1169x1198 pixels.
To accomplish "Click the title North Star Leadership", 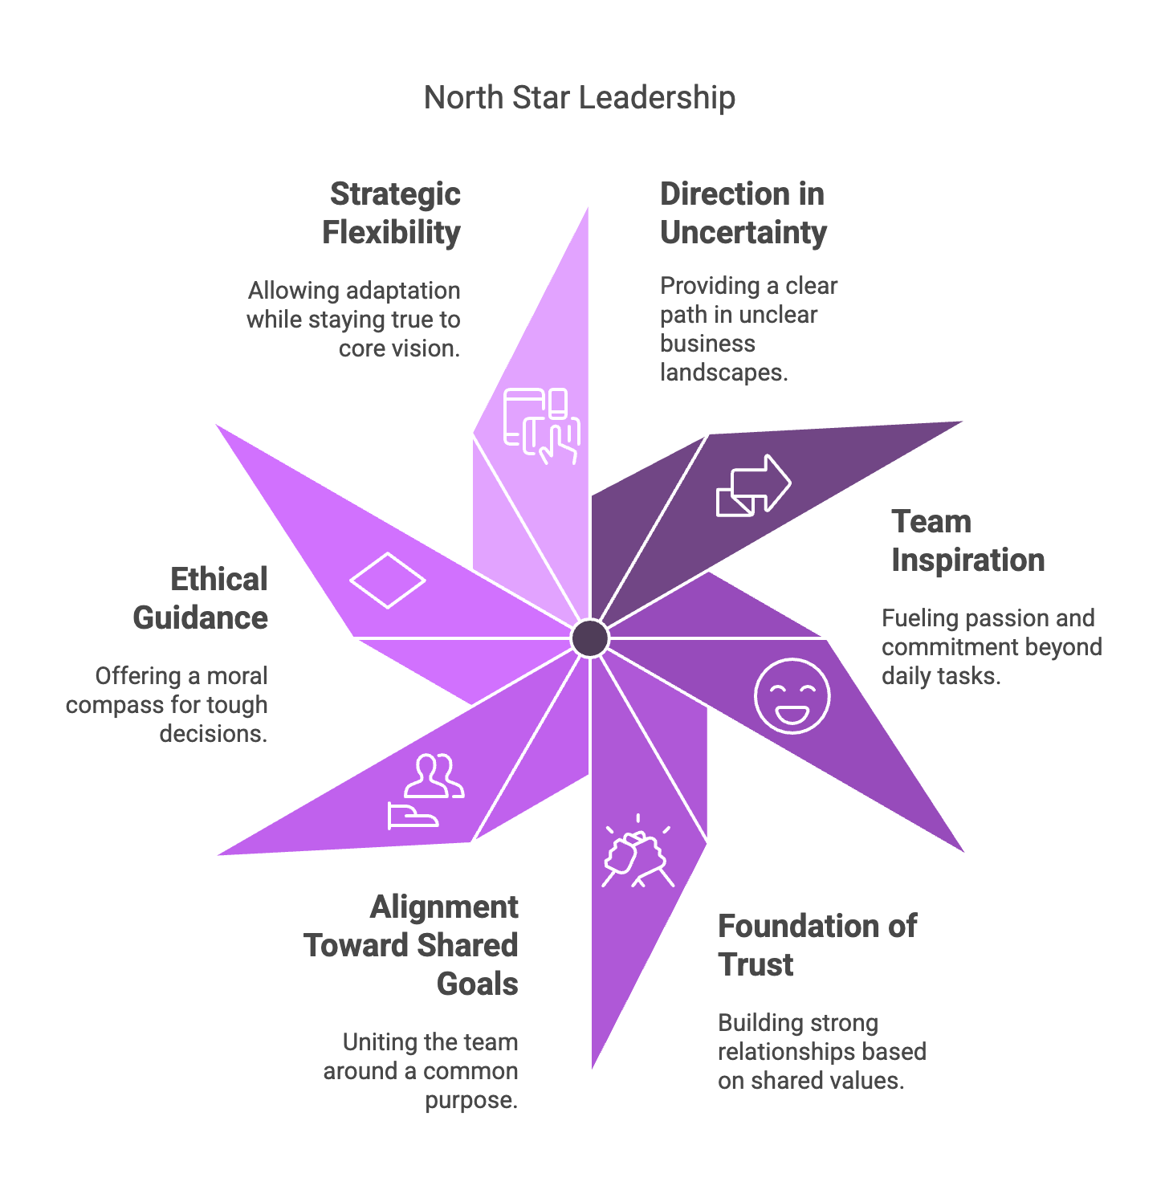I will (579, 98).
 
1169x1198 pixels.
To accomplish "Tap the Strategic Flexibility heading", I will (393, 214).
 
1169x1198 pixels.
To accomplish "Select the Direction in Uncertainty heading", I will (743, 214).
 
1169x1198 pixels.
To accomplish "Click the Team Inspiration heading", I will (967, 541).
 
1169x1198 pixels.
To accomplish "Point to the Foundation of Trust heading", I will (817, 945).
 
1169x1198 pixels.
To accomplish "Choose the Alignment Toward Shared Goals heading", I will (412, 945).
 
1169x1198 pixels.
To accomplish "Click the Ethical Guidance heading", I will (201, 599).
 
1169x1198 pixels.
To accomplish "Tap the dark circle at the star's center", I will (590, 638).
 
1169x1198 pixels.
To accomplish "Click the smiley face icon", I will (792, 695).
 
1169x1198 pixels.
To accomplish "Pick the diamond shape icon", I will (387, 580).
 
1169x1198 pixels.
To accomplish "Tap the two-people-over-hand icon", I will (426, 792).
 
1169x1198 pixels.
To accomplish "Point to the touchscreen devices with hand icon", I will (542, 426).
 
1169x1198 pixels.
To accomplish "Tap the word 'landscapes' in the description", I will (723, 373).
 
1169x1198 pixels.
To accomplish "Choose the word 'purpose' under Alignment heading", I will (471, 1100).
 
